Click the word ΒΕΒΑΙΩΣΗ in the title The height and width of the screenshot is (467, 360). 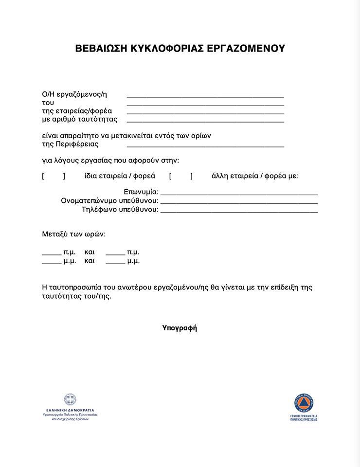[99, 49]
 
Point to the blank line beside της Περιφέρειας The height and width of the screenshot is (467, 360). [205, 146]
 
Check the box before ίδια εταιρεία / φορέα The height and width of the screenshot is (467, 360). [54, 176]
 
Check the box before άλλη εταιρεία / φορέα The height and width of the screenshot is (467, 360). [181, 176]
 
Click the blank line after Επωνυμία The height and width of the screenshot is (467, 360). [239, 194]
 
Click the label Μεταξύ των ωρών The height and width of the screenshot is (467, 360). [74, 234]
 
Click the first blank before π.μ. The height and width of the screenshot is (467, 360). [52, 254]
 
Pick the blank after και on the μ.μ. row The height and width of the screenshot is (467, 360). [115, 263]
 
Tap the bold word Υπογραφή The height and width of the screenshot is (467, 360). [180, 328]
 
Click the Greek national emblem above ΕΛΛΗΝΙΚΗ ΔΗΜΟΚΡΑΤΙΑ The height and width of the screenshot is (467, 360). [70, 400]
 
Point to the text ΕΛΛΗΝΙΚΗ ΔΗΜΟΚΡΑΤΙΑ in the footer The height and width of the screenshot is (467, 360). [70, 410]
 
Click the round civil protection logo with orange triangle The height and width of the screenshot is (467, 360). [304, 402]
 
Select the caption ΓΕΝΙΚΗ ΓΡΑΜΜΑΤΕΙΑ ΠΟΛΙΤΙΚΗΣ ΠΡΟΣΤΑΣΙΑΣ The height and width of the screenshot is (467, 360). [304, 417]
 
